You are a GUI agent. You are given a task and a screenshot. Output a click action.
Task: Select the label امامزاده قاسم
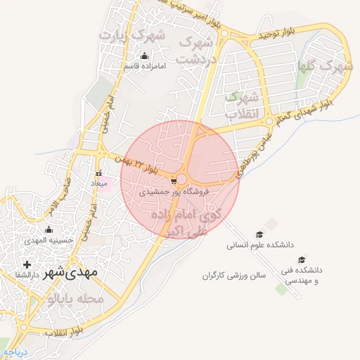click(144, 66)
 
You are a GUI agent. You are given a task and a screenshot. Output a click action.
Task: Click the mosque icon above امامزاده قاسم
click(145, 56)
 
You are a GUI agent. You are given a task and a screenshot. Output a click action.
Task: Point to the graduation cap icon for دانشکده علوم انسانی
click(259, 235)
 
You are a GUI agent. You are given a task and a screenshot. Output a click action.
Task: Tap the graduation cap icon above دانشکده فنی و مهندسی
click(302, 259)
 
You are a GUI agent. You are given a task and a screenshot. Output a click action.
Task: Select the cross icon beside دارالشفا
click(27, 264)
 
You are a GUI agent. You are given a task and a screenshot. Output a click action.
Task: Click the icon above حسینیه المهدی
click(48, 229)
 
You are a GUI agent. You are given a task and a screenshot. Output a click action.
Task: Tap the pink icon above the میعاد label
click(99, 173)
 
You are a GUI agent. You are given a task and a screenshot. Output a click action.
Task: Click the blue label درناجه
click(14, 352)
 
